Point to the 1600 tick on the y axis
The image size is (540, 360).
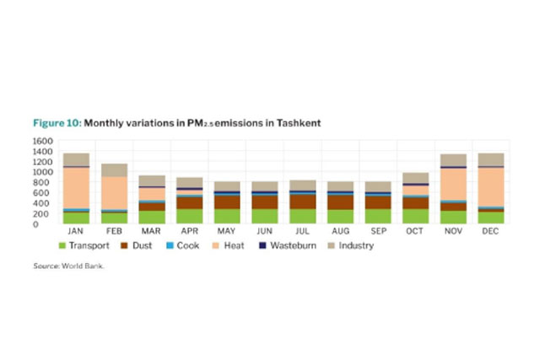tap(44, 141)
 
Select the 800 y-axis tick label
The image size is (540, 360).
tap(46, 182)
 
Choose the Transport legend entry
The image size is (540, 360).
tap(86, 245)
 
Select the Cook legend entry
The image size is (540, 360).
tap(188, 245)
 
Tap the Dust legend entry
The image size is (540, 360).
tap(140, 245)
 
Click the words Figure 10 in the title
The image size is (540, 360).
tap(57, 123)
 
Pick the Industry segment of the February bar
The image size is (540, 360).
tap(114, 169)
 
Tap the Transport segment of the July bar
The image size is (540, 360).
tap(301, 216)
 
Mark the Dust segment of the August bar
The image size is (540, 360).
tap(339, 202)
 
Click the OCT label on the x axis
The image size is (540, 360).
tap(414, 231)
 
